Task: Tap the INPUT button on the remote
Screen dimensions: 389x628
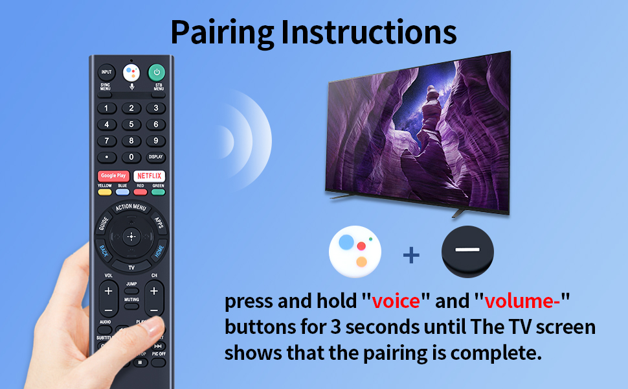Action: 106,72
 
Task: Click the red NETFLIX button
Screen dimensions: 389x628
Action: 150,176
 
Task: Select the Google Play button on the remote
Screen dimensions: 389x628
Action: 113,176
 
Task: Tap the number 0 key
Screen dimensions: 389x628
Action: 131,157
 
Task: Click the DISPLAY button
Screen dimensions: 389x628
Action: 155,157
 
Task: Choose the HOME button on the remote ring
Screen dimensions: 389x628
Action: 158,252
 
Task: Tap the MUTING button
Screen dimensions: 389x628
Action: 131,300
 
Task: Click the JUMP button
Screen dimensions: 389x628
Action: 131,284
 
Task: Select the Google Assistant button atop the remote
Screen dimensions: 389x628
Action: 131,72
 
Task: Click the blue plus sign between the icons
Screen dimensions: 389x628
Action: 411,255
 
